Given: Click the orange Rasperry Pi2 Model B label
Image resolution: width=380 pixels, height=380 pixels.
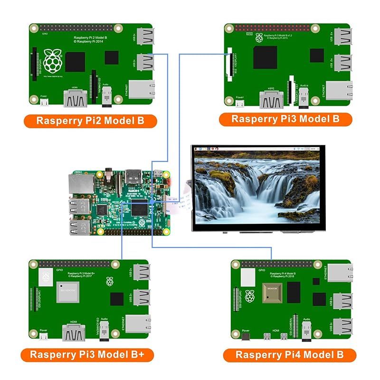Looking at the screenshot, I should tap(90, 120).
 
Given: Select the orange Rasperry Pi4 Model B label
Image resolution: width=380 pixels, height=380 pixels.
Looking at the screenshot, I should tap(289, 355).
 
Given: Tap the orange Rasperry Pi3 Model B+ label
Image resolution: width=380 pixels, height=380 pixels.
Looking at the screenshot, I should tap(86, 354).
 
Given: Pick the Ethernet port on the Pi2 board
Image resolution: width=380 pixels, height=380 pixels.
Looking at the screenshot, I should tap(141, 89).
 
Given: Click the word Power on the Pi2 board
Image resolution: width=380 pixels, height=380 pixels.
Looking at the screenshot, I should tap(43, 95).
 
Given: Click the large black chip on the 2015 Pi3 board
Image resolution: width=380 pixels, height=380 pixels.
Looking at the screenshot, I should tap(265, 57).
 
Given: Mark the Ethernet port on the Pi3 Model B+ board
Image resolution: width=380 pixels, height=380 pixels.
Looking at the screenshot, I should tap(137, 323).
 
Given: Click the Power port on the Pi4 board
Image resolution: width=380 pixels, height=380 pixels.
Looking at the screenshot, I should tap(246, 337).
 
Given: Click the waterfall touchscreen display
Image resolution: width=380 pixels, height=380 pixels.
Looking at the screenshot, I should tap(257, 188).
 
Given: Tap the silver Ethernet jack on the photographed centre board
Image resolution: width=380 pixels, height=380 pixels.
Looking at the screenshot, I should tap(79, 183).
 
